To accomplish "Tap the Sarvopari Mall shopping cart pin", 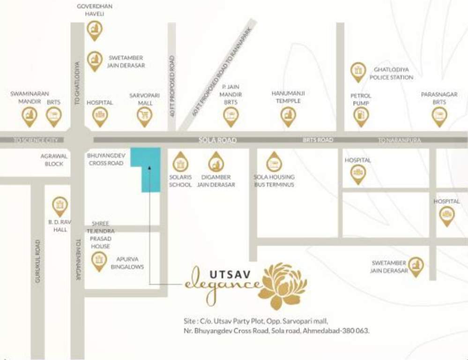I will coord(145,115).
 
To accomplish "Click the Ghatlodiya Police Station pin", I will coord(358,71).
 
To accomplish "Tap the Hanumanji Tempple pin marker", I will coord(288,115).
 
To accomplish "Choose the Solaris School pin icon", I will coord(180,162).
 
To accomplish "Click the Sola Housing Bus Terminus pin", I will coord(274,162).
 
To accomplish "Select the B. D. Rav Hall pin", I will coord(60,205).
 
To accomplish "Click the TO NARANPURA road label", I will coord(400,140).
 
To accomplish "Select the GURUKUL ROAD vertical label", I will coord(37,261).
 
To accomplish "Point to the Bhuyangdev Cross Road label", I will coord(105,159).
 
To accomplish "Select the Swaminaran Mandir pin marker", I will coord(30,115).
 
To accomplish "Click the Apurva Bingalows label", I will coord(127,262).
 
